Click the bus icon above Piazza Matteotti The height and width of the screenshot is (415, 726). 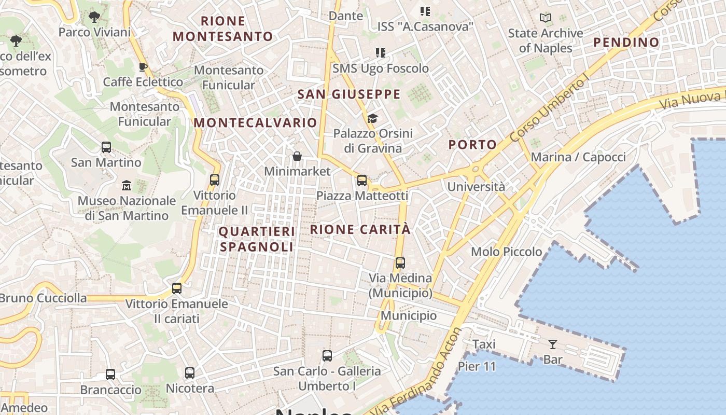point(362,181)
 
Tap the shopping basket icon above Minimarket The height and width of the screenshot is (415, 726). point(297,156)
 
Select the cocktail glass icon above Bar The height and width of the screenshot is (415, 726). point(552,344)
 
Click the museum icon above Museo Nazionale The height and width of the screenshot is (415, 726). point(127,185)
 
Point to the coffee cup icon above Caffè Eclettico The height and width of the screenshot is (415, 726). point(143,67)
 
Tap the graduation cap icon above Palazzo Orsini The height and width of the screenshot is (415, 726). point(372,119)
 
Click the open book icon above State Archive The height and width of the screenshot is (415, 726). point(545,18)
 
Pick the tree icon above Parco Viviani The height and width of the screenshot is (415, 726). point(94,17)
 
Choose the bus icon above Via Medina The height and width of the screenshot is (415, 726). point(400,263)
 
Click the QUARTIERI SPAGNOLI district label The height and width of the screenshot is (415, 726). point(257,239)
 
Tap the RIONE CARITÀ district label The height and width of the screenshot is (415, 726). point(360,229)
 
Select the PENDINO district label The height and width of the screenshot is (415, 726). point(626,42)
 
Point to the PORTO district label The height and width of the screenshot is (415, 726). point(472,145)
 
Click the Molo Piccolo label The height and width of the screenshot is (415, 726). point(506,252)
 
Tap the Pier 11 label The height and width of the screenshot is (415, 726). point(477,366)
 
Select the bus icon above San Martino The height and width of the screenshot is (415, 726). point(106,147)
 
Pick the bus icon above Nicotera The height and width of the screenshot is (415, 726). point(190,373)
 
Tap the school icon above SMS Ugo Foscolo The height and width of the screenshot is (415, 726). point(381,53)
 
